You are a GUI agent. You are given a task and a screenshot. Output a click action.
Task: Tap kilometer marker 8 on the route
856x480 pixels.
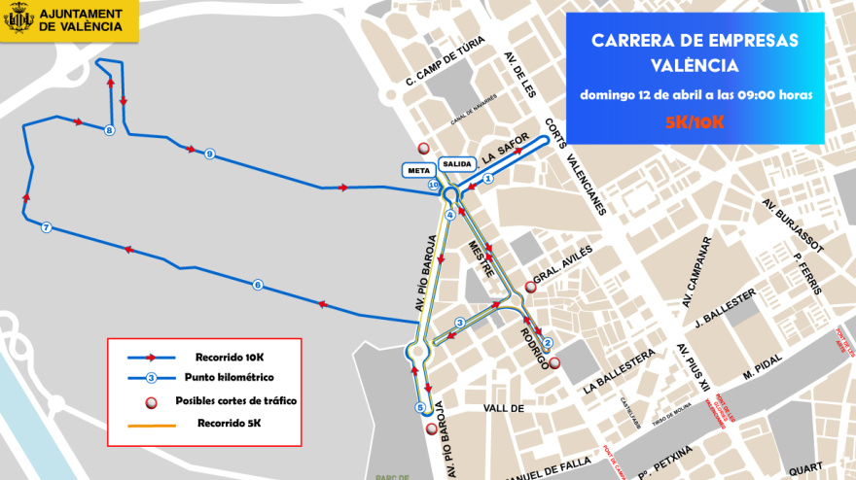pyautogui.click(x=109, y=130)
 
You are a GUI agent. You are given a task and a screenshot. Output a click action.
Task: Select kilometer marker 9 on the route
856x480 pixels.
pyautogui.click(x=209, y=154)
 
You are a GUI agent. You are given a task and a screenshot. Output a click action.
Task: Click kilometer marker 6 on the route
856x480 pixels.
pyautogui.click(x=258, y=285)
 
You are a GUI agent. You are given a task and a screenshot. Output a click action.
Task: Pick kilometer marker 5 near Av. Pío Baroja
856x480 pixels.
pyautogui.click(x=420, y=407)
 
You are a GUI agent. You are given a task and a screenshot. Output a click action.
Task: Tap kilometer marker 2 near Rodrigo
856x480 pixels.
pyautogui.click(x=548, y=342)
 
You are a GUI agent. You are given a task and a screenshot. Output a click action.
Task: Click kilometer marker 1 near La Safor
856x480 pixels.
pyautogui.click(x=488, y=178)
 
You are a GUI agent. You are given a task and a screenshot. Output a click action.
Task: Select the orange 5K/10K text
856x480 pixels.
pyautogui.click(x=695, y=121)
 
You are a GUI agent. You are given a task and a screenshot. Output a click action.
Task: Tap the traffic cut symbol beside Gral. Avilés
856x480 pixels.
pyautogui.click(x=530, y=287)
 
